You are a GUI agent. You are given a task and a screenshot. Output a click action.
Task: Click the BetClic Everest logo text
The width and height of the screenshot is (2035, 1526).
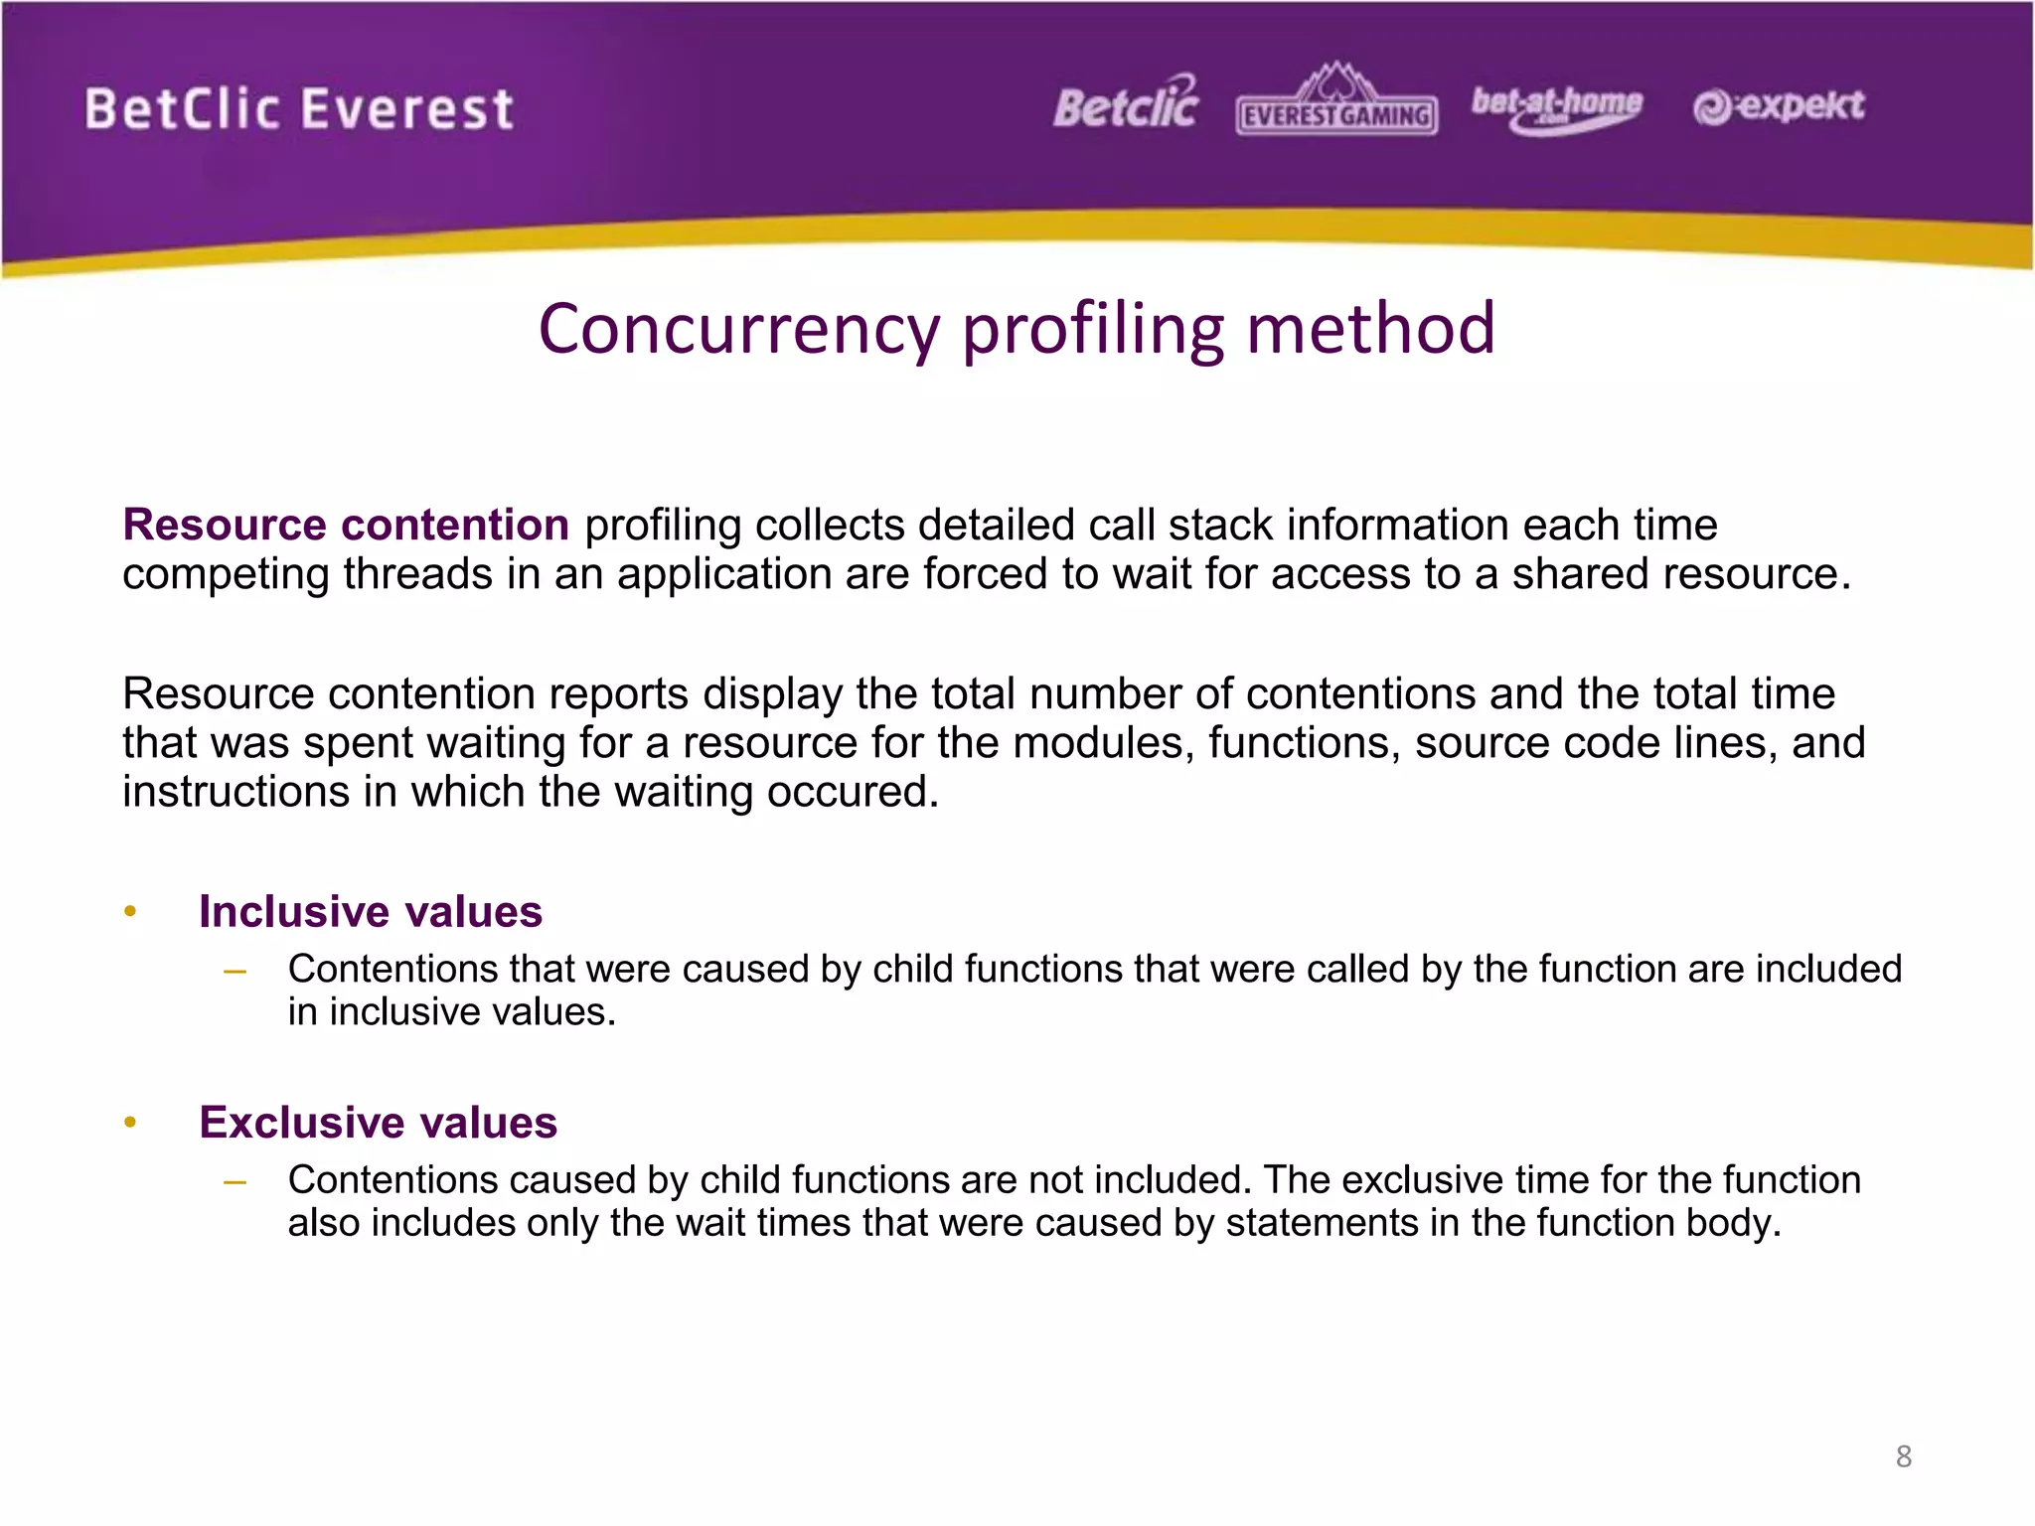299,109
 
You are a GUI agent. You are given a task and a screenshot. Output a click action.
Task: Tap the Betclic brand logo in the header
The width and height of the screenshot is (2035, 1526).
1126,104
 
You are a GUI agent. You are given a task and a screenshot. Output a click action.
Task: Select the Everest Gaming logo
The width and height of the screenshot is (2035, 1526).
1336,101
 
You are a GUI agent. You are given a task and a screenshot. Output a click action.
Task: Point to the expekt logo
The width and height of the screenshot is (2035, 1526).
1779,106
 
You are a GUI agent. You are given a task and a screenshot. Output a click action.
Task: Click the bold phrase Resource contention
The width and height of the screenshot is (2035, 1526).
346,525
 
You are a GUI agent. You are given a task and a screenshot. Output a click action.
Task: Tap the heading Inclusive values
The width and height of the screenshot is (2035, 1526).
371,912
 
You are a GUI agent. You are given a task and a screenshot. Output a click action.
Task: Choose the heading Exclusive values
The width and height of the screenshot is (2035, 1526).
378,1123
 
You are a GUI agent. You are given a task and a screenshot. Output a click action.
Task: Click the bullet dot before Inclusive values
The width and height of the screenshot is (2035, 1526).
129,912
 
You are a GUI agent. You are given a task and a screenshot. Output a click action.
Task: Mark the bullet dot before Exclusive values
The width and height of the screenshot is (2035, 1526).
129,1123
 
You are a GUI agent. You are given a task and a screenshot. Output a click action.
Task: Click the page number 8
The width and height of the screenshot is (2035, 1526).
1904,1456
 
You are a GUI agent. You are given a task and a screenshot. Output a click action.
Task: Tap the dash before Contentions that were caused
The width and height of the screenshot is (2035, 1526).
235,970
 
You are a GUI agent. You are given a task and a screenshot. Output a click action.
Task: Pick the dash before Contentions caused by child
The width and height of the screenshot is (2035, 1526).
235,1180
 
